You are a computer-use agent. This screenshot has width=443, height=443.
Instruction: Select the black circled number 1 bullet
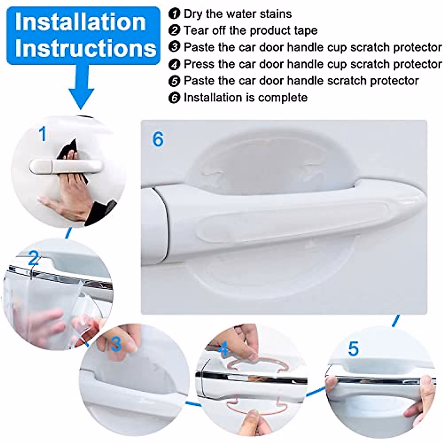click(174, 14)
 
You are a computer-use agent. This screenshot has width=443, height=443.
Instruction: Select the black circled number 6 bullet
click(174, 98)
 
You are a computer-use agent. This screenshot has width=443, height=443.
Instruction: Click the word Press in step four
click(199, 64)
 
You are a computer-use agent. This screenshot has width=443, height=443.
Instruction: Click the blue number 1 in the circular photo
click(43, 134)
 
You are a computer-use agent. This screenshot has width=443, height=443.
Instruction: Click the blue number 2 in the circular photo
click(34, 258)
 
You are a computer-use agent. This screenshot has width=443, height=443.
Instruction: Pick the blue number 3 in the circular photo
click(116, 344)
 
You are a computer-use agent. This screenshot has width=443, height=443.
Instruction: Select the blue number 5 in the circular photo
click(353, 348)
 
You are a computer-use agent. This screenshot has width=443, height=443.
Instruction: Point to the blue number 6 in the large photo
click(158, 139)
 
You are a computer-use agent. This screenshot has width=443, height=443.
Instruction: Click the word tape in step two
click(307, 30)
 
